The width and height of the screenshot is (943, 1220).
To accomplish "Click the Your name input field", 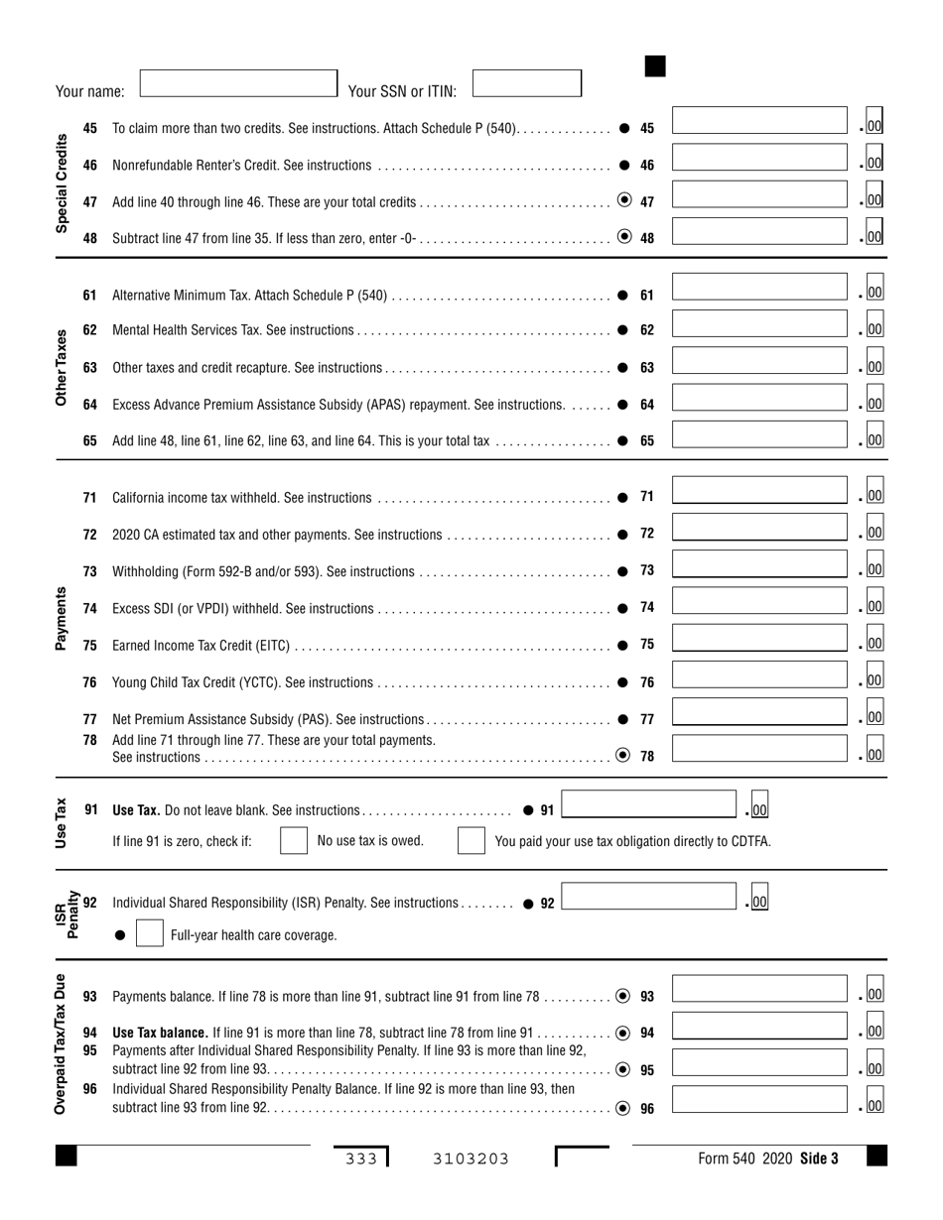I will tap(238, 82).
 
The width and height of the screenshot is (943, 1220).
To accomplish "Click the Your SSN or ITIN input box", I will tap(526, 82).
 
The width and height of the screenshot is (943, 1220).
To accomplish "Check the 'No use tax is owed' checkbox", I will tap(294, 841).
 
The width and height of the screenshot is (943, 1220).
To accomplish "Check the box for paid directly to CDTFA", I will tap(471, 841).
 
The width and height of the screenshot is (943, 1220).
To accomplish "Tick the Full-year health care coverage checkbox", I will tap(149, 934).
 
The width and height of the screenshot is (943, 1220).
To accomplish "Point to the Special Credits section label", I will tap(62, 183).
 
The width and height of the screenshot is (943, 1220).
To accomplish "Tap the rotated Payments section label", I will tap(62, 618).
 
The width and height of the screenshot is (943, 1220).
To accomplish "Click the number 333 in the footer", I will tap(361, 1159).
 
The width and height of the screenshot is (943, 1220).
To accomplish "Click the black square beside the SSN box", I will tap(655, 66).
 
